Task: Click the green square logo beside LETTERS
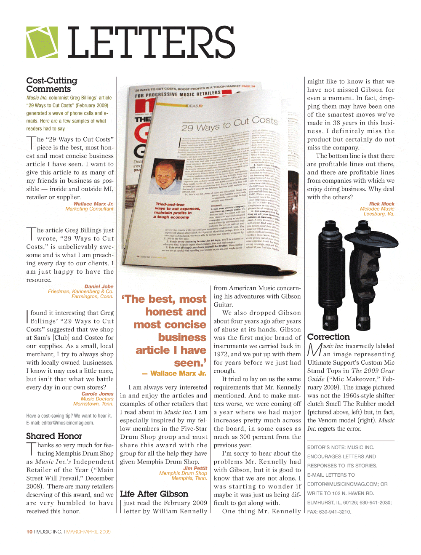[x=42, y=42]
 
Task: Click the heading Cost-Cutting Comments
[x=51, y=85]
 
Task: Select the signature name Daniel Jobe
[x=99, y=286]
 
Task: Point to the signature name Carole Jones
[x=97, y=394]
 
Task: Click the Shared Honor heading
[x=54, y=436]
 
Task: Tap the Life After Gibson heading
[x=154, y=494]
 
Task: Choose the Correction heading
[x=328, y=337]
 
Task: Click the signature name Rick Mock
[x=382, y=204]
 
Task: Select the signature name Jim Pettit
[x=195, y=468]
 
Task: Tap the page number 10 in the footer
[x=29, y=532]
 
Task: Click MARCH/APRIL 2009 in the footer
[x=88, y=532]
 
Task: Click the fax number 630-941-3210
[x=335, y=512]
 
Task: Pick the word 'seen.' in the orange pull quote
[x=190, y=363]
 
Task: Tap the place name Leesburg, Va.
[x=379, y=214]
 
